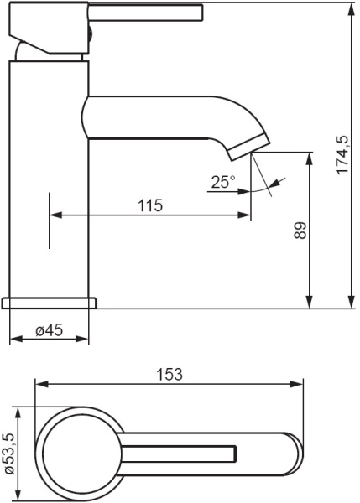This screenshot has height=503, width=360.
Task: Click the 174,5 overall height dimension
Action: [342, 154]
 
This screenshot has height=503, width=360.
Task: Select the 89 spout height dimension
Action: [300, 231]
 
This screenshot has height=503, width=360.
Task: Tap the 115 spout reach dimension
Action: [150, 205]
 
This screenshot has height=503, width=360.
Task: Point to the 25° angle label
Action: [223, 182]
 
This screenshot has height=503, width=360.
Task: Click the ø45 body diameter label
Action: [50, 330]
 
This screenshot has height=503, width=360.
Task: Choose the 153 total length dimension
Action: [170, 374]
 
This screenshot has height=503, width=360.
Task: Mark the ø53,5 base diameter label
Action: [9, 454]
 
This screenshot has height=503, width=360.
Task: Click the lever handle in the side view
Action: [145, 13]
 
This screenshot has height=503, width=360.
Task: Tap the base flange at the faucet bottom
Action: [50, 303]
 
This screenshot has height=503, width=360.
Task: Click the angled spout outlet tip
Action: [249, 148]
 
